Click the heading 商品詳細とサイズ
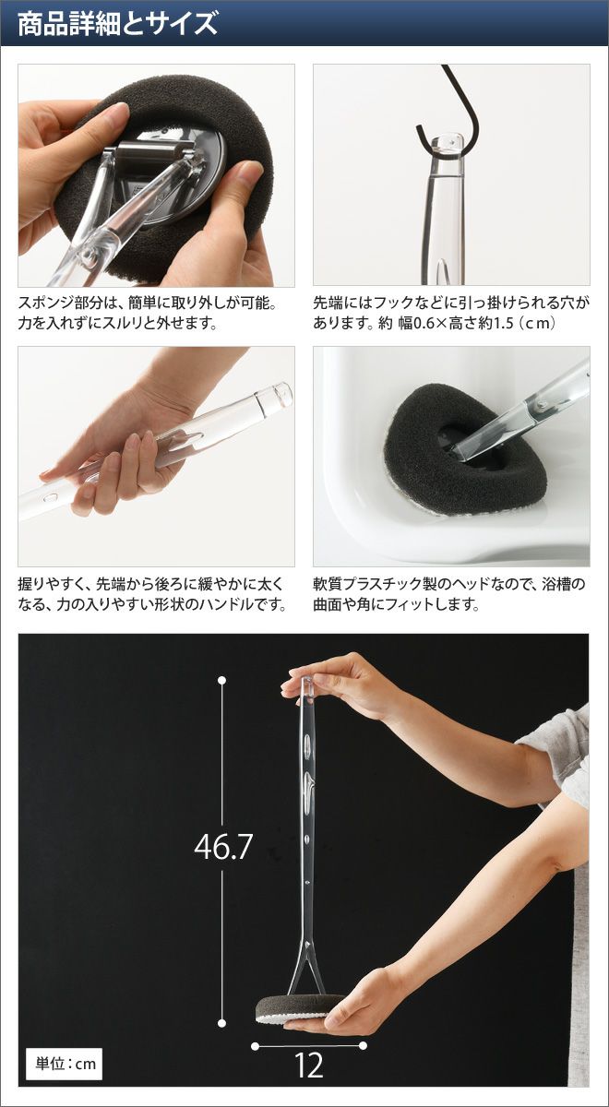[x=118, y=25]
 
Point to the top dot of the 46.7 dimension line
[x=222, y=681]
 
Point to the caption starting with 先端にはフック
[x=451, y=313]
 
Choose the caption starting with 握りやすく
[x=152, y=594]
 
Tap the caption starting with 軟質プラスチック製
[x=448, y=594]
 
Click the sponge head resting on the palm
[x=300, y=994]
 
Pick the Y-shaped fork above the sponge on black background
[x=306, y=958]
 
